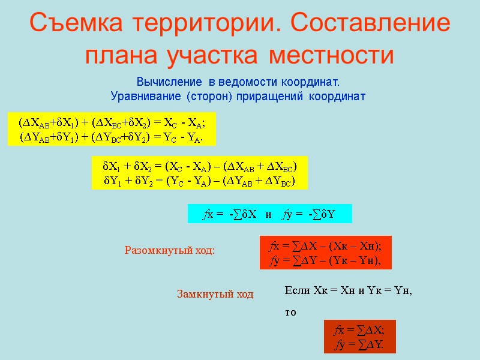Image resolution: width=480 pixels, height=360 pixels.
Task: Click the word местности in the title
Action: (332, 55)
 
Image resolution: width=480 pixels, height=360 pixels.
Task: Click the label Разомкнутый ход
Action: (169, 250)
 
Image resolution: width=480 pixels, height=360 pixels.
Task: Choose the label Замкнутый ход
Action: (215, 294)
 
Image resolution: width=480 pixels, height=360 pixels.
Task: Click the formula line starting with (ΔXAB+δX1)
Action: (112, 122)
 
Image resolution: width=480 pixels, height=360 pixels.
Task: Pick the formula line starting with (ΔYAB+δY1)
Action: (112, 137)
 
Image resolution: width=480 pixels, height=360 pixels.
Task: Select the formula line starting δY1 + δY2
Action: (200, 180)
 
